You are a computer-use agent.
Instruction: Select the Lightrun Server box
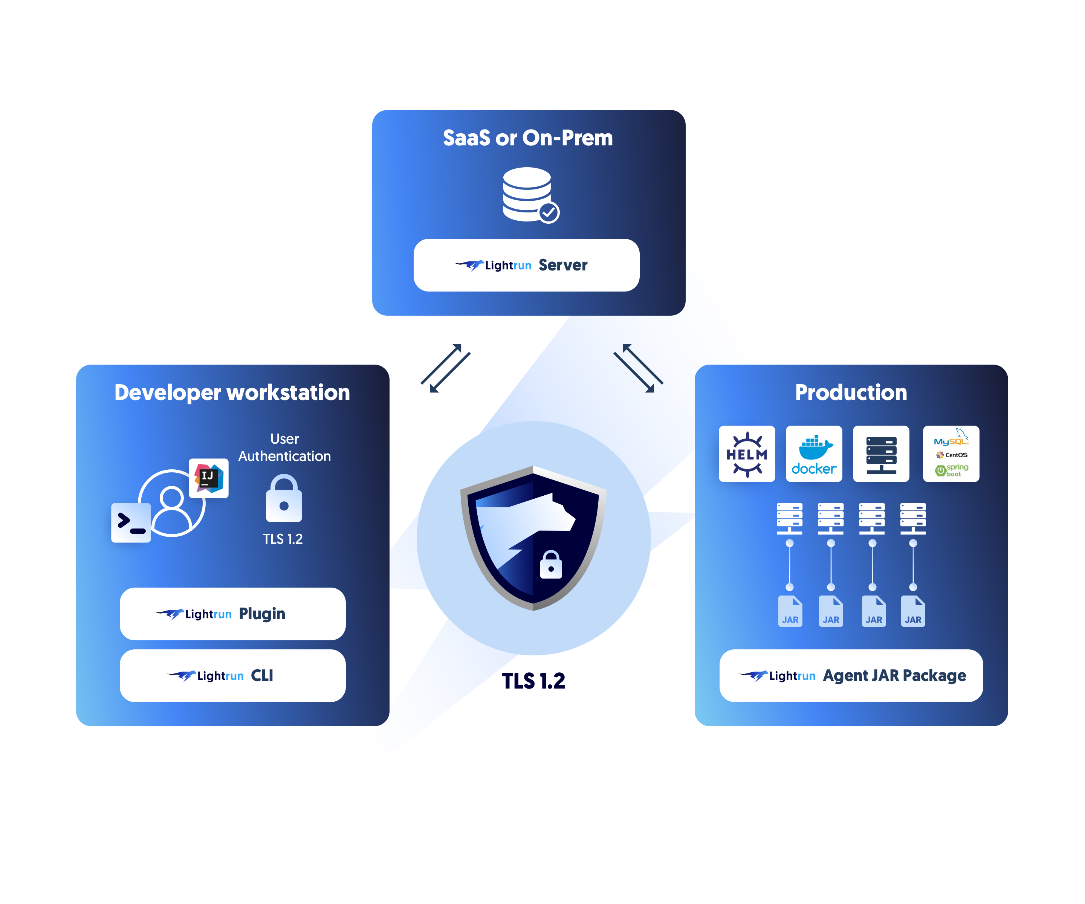(526, 265)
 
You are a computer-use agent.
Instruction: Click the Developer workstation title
(232, 392)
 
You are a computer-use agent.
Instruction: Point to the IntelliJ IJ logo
(208, 478)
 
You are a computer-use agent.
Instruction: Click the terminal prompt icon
(131, 522)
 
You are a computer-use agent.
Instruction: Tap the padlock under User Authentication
(284, 499)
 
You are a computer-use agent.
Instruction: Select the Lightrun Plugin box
(232, 614)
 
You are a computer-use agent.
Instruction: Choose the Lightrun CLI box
(232, 676)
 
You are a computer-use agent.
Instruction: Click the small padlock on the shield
(551, 565)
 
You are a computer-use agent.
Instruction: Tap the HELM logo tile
(747, 454)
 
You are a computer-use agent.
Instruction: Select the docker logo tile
(814, 454)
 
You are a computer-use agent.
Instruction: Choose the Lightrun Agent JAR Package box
(851, 676)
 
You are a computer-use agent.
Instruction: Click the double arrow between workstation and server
(445, 368)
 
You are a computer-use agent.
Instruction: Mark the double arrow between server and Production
(638, 368)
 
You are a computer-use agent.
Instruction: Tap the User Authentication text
(284, 447)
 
